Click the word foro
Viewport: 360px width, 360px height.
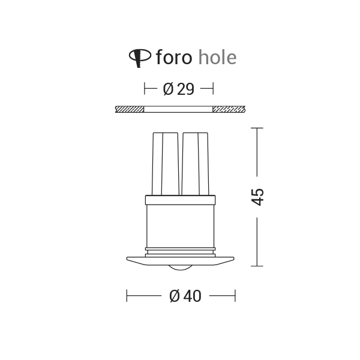point(173,58)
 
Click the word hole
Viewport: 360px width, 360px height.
point(217,58)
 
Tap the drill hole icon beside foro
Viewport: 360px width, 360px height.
point(140,57)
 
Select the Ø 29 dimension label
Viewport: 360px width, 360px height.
point(179,89)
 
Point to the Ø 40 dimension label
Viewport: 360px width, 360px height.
point(185,296)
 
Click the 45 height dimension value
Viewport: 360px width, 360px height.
point(257,197)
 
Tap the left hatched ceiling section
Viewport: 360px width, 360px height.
point(130,109)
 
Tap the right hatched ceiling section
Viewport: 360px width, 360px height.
point(229,109)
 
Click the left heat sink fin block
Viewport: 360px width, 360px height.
point(165,163)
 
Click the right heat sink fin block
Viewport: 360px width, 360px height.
point(195,163)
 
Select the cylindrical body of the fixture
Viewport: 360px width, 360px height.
point(180,225)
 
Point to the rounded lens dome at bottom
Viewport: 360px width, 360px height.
point(180,266)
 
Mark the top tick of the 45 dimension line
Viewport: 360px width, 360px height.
point(257,128)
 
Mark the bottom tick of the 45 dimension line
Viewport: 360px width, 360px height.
point(257,265)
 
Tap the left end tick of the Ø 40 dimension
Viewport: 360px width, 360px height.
point(127,296)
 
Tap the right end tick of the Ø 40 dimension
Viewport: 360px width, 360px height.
point(235,296)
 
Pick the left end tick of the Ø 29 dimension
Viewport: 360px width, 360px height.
point(145,89)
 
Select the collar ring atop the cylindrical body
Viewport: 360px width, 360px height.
point(180,200)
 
